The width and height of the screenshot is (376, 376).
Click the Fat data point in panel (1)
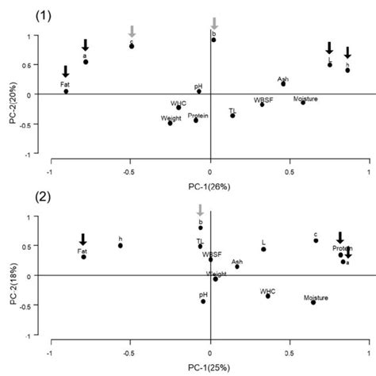(x=66, y=91)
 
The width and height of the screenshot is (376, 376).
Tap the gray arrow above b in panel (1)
(x=213, y=23)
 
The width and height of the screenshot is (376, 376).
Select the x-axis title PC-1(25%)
(x=210, y=366)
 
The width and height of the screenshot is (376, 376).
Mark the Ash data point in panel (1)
(x=283, y=82)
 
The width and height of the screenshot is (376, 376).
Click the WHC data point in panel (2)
(x=268, y=297)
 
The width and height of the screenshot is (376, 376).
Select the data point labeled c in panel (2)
(x=316, y=240)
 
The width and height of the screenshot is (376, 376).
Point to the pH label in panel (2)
(x=204, y=294)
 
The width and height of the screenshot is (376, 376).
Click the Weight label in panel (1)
(x=171, y=117)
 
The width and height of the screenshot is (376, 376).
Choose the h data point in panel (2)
(x=121, y=246)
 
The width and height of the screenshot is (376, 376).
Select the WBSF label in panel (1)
(x=263, y=100)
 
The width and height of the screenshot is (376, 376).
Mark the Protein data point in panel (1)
(x=196, y=121)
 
